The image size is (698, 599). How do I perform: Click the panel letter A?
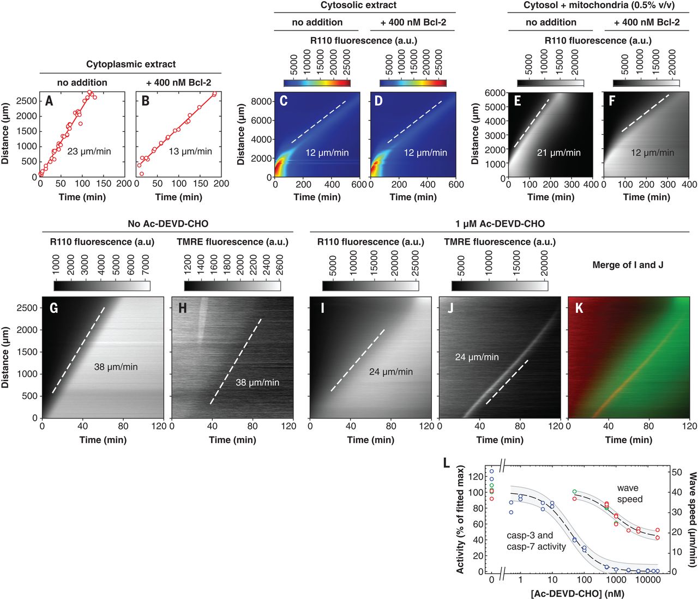[x=50, y=100]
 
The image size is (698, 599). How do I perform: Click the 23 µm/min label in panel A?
[x=89, y=151]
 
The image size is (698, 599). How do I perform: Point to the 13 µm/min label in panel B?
[x=190, y=151]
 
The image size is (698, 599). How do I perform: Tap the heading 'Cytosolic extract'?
[x=358, y=5]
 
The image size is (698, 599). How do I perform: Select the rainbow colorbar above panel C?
[x=317, y=83]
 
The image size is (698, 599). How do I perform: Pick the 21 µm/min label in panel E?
[x=558, y=153]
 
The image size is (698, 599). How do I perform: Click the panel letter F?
[x=612, y=101]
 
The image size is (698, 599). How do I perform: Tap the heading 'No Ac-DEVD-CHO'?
[x=167, y=223]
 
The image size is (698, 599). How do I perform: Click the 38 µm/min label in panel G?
[x=116, y=367]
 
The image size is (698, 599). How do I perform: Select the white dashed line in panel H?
[x=236, y=361]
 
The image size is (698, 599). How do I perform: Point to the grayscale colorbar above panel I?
[x=370, y=286]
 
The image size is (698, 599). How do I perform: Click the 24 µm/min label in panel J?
[x=477, y=357]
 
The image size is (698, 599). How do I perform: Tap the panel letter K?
[x=579, y=308]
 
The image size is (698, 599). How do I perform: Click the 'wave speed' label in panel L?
[x=629, y=493]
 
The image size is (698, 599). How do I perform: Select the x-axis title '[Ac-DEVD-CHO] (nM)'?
[x=577, y=594]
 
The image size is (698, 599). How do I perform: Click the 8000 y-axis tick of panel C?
[x=262, y=101]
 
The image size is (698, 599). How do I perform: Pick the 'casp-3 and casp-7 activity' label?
[x=536, y=541]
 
